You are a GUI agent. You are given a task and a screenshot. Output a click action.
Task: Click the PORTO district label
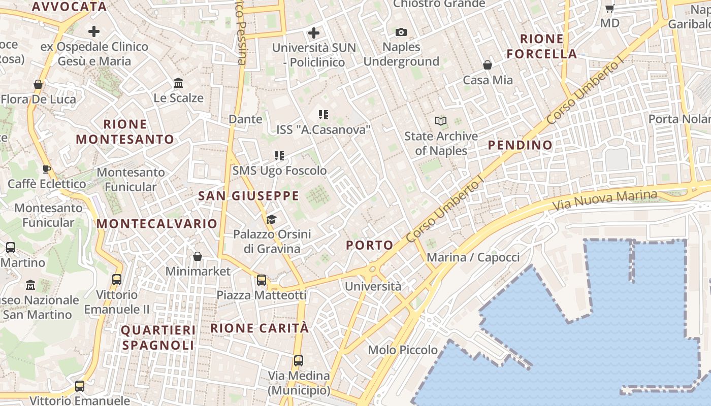pos(370,245)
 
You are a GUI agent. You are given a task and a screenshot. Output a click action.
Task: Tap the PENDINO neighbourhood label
pos(520,145)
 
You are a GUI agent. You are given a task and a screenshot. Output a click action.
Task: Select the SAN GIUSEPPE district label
pos(248,196)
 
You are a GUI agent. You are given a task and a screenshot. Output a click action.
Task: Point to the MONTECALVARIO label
pos(157,224)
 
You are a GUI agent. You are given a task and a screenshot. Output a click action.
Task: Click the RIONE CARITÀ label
pos(260,328)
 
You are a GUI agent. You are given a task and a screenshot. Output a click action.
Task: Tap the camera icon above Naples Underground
pos(401,32)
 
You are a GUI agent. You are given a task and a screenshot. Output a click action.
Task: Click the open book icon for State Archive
pos(441,121)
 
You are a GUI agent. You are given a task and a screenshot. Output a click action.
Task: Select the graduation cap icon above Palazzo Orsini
pos(272,219)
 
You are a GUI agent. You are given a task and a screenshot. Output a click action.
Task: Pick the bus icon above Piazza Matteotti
pos(262,280)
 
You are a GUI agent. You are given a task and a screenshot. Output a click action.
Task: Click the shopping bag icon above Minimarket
pos(198,256)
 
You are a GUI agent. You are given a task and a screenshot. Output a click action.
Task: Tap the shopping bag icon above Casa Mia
pos(488,65)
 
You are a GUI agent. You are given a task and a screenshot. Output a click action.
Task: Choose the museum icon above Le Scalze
pos(178,83)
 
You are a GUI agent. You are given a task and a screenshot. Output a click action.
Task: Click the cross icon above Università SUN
pos(314,33)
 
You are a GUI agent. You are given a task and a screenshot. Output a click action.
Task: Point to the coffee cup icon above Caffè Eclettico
pos(47,169)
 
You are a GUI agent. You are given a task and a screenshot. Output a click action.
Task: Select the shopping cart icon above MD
pos(610,8)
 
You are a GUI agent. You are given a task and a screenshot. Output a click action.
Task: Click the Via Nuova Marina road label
pos(604,201)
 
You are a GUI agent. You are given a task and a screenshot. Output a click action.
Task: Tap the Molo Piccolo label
pos(403,350)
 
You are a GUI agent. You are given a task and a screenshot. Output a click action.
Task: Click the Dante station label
pos(246,119)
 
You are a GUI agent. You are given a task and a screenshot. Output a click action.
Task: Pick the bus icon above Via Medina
pos(299,361)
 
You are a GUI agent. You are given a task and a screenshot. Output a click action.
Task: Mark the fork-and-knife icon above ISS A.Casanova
pos(323,115)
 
